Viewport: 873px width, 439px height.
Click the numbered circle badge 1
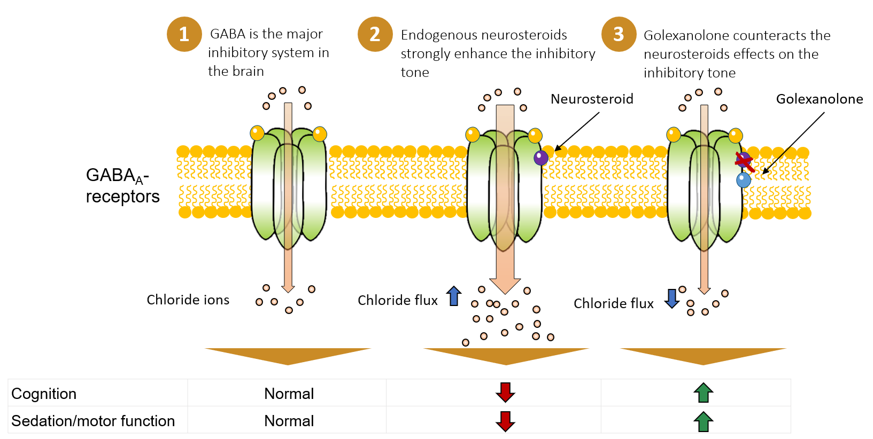[x=184, y=34]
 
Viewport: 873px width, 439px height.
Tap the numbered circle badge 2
[x=375, y=34]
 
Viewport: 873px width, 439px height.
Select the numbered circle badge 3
[x=619, y=34]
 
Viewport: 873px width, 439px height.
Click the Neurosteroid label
[x=592, y=99]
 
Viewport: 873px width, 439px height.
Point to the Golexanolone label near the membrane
[x=819, y=99]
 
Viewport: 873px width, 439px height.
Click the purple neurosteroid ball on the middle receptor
[x=541, y=157]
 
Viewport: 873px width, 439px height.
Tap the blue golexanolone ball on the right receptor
[x=743, y=180]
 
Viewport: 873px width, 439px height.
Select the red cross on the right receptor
[x=744, y=161]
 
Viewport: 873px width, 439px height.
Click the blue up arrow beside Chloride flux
[x=454, y=296]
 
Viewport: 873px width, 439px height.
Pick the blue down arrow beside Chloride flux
[x=671, y=299]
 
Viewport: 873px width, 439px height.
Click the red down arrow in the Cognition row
[x=505, y=393]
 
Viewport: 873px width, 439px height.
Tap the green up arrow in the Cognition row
[x=703, y=393]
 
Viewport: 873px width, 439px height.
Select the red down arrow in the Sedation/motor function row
[x=505, y=421]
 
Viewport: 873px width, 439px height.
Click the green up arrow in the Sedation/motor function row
[x=703, y=421]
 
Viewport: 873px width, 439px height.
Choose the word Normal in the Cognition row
[x=289, y=394]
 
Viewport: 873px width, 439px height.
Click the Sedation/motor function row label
[x=93, y=421]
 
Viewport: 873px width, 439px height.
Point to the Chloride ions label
[x=188, y=300]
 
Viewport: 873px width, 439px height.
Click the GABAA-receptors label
[x=122, y=185]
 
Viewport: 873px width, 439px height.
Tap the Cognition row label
[x=44, y=394]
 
